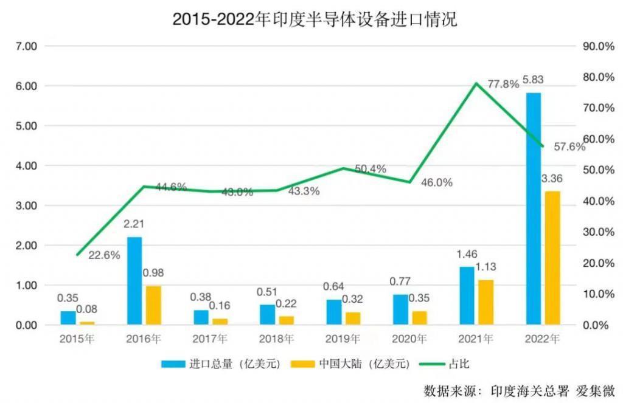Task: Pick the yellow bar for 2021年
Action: click(x=486, y=302)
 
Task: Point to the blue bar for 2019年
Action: click(x=334, y=312)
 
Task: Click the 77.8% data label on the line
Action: click(x=503, y=84)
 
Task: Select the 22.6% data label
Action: click(x=104, y=255)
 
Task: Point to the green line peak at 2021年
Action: click(x=476, y=83)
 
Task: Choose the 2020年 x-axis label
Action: click(x=409, y=339)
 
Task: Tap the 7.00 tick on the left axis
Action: click(x=27, y=46)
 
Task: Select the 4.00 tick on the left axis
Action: click(x=27, y=165)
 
